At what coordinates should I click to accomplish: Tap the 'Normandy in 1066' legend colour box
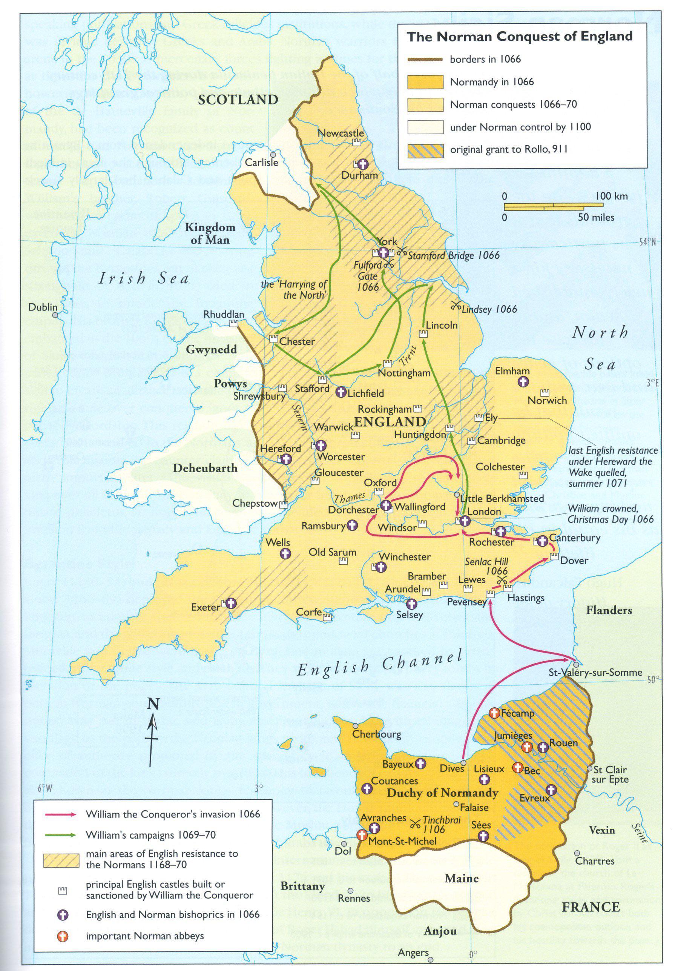click(x=425, y=82)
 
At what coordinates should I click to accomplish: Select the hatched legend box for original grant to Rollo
click(x=425, y=150)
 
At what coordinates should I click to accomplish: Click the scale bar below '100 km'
click(x=553, y=206)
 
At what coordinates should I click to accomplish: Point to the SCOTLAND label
click(x=238, y=100)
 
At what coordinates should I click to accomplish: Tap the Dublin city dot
click(x=55, y=315)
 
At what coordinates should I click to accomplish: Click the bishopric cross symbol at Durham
click(x=362, y=164)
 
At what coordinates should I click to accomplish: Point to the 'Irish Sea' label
click(x=143, y=278)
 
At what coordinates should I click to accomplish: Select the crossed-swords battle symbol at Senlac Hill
click(x=502, y=581)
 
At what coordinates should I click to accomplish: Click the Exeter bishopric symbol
click(x=230, y=604)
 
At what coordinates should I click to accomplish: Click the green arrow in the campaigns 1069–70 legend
click(x=60, y=835)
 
